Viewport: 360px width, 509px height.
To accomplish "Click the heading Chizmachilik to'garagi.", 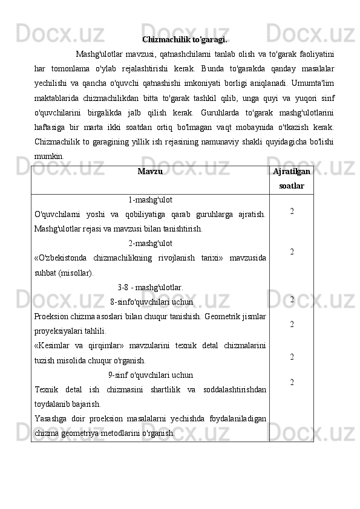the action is tap(185, 40).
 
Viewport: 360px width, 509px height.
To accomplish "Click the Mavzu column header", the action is tap(150, 172).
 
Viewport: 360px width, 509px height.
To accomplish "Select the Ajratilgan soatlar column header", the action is tap(292, 179).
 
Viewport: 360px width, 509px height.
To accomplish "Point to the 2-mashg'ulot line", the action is tap(151, 244).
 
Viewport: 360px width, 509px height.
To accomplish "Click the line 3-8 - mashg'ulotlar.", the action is tap(150, 287).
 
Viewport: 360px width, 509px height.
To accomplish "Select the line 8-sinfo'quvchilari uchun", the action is tap(152, 301).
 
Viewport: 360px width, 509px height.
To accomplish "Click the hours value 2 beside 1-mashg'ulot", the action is tap(292, 212).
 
